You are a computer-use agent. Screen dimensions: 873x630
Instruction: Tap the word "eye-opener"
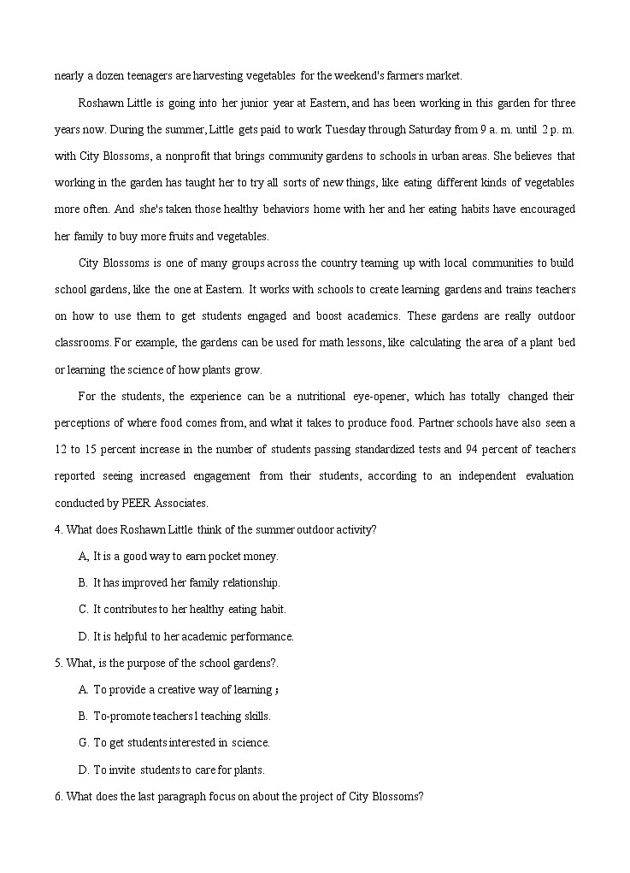[382, 396]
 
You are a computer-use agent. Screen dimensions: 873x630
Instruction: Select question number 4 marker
[58, 529]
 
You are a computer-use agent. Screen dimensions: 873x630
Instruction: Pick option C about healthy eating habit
[189, 609]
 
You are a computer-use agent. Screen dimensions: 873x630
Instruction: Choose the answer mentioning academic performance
[193, 636]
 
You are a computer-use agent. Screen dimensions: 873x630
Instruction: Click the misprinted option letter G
[84, 742]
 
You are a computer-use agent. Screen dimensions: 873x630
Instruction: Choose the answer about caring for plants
[179, 770]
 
